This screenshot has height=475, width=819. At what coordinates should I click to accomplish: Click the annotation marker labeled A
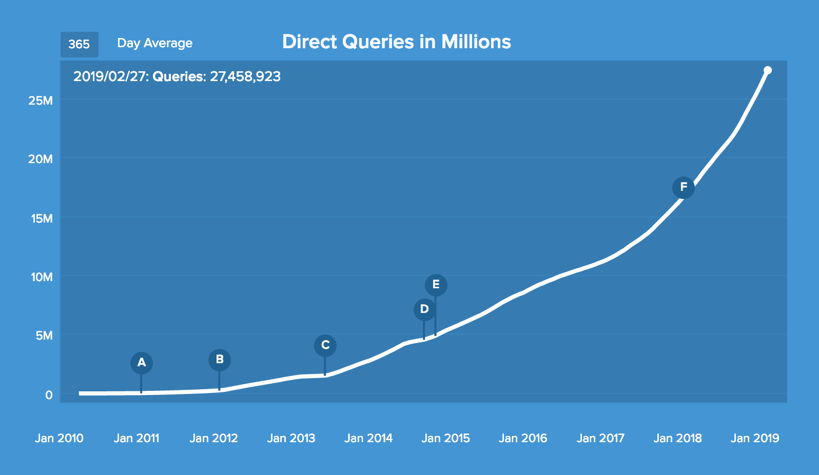pos(142,363)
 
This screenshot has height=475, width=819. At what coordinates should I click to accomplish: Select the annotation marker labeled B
pos(220,360)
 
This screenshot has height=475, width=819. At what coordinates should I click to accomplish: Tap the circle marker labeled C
pos(325,346)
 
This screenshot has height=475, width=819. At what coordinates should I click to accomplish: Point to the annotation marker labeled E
pos(436,285)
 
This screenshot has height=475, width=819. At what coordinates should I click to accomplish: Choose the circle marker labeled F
pos(684,188)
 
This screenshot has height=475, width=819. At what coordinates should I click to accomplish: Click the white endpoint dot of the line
pos(768,70)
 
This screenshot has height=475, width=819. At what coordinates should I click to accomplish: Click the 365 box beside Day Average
pos(79,44)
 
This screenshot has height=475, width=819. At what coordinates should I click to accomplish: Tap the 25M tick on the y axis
pos(41,101)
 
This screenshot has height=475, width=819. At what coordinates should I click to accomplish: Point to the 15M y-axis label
pos(42,219)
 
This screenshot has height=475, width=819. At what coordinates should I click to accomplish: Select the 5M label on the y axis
pos(44,335)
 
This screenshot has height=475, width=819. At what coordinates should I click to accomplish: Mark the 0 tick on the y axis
pos(49,395)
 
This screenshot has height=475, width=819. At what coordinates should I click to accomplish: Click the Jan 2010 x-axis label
pos(59,439)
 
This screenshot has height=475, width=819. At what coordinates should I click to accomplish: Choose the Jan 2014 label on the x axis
pos(368,439)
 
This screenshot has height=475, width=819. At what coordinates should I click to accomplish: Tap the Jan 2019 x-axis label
pos(755,439)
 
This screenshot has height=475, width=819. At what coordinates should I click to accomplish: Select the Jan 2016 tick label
pos(523,439)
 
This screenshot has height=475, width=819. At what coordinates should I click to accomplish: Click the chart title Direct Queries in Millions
pos(397,42)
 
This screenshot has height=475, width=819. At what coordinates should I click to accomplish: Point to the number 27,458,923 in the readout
pos(245,77)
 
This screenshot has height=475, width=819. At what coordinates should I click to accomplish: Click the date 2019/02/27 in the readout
pos(110,77)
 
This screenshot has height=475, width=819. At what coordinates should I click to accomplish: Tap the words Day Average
pos(155,44)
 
